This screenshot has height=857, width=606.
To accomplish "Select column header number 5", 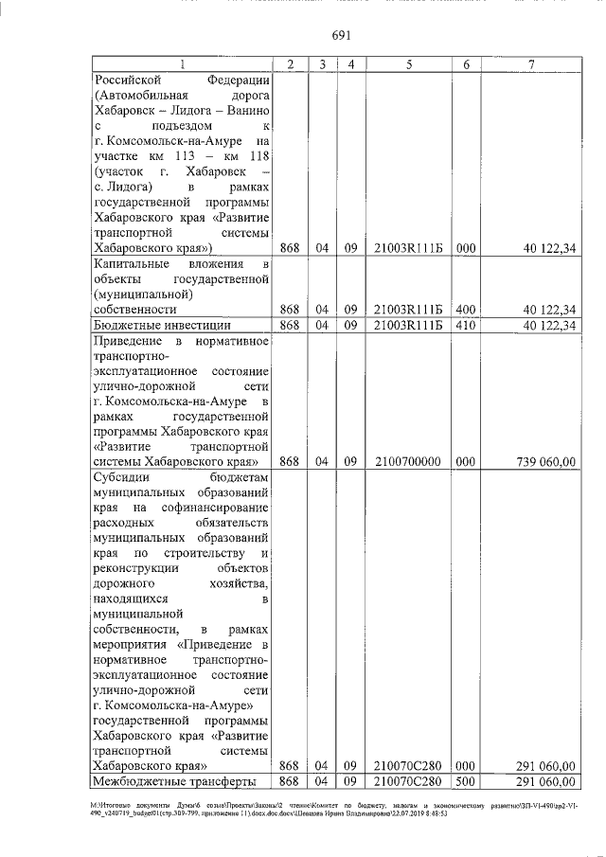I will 408,63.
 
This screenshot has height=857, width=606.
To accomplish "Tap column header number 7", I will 532,63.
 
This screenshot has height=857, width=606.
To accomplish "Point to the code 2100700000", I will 408,461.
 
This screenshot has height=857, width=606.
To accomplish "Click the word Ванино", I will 247,110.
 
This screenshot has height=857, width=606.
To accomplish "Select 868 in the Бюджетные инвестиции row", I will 291,325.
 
